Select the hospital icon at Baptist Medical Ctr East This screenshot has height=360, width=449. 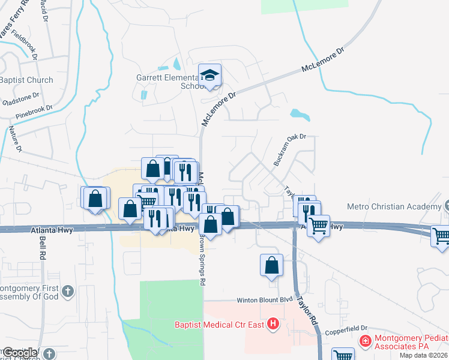point(273,325)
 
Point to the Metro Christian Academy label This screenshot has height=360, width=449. point(394,207)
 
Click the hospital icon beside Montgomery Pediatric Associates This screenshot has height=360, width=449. point(364,341)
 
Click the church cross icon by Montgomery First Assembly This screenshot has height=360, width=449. point(67,292)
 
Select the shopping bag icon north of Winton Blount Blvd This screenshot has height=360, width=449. point(271,265)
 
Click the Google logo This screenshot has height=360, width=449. point(20,353)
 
